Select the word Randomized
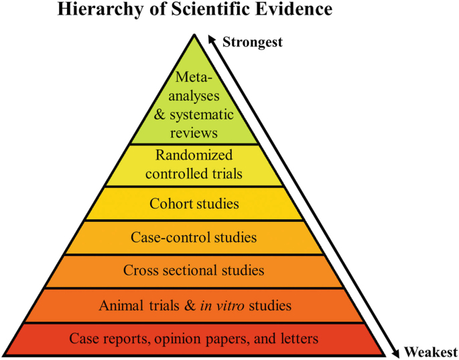[x=194, y=156]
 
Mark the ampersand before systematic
[x=159, y=115]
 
